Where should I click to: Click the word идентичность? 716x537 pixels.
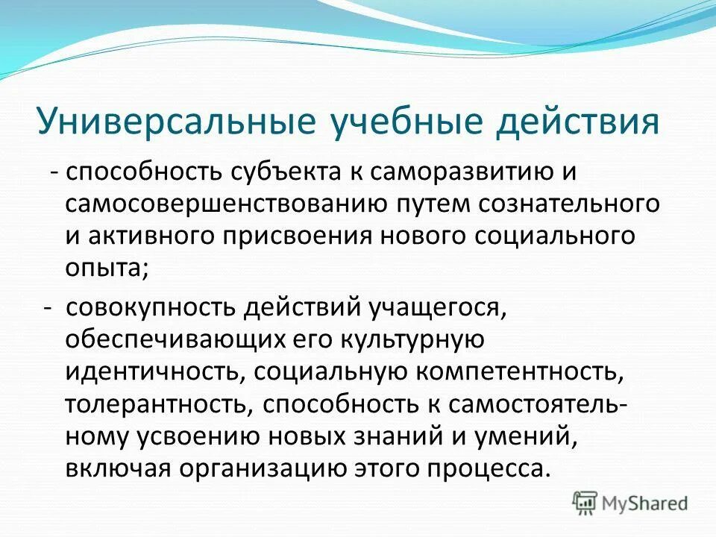143,371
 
